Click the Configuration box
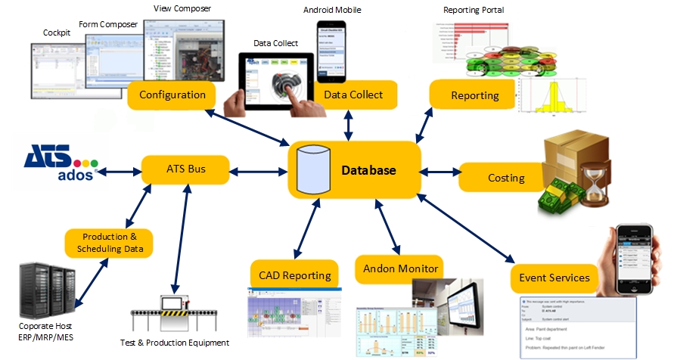172,95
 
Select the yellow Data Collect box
353,95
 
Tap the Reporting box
474,95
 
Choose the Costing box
505,178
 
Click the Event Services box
554,278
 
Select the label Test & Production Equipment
174,343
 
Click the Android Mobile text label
332,11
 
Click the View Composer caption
182,8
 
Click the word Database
368,170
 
